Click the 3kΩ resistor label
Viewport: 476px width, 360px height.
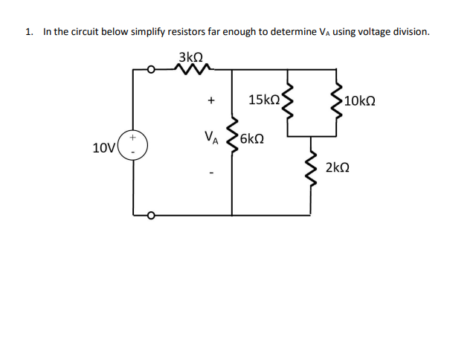click(x=191, y=56)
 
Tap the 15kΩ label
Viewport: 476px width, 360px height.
click(x=264, y=99)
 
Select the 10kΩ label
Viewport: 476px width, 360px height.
click(x=360, y=100)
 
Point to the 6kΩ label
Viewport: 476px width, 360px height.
click(x=252, y=138)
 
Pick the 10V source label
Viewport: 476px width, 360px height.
click(x=104, y=147)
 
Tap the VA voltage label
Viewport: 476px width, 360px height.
click(x=211, y=138)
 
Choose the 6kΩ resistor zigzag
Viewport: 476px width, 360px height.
click(x=233, y=138)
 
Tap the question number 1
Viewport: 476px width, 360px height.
click(x=28, y=32)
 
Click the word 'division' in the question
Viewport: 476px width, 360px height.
click(x=408, y=32)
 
